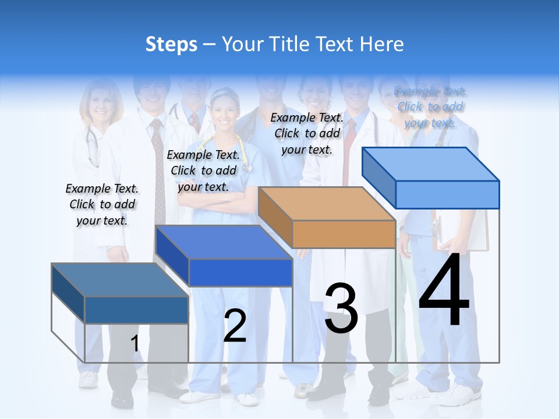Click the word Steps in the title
(171, 44)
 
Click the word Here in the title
(383, 44)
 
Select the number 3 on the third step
(341, 308)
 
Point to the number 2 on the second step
(235, 325)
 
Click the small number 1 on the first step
(135, 343)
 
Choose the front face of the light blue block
(447, 194)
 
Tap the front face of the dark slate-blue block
(136, 310)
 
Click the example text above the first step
(102, 204)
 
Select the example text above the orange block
(307, 133)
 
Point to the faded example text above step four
(430, 106)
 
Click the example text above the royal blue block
(203, 171)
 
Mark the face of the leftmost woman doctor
(102, 102)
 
